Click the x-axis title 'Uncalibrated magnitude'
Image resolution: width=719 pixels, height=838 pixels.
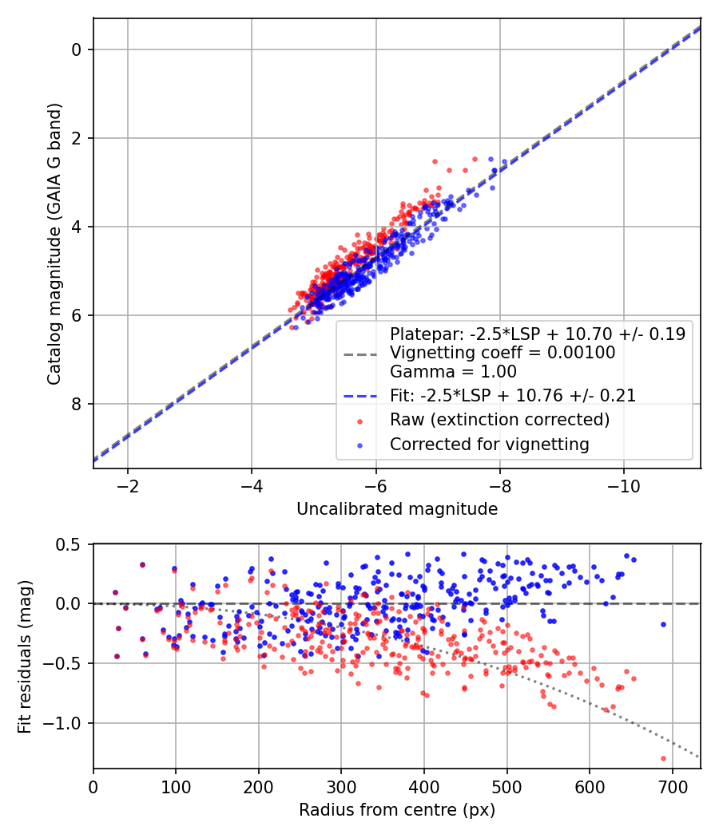(397, 509)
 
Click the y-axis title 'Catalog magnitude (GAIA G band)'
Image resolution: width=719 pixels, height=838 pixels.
(54, 243)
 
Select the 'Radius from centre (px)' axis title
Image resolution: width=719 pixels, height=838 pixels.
(397, 810)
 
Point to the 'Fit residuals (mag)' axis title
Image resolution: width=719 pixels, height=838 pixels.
(25, 657)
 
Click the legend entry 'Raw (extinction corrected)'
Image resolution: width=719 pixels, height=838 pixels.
(499, 420)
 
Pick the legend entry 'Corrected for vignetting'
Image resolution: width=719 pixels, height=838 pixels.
(489, 445)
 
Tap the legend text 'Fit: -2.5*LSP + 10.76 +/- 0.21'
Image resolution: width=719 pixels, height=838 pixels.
(512, 396)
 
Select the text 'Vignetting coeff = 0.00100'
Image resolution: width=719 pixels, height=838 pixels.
(503, 353)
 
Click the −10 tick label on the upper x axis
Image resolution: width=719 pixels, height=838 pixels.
(624, 486)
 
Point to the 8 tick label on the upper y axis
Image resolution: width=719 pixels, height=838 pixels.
(77, 404)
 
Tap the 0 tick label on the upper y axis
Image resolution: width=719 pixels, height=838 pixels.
(77, 49)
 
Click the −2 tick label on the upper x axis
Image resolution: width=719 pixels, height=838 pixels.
(128, 486)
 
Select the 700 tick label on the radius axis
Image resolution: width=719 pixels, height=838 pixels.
(672, 787)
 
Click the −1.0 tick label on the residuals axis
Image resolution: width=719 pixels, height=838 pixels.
(68, 723)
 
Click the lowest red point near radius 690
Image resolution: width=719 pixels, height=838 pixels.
(663, 758)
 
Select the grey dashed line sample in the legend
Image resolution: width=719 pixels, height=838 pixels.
(359, 353)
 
